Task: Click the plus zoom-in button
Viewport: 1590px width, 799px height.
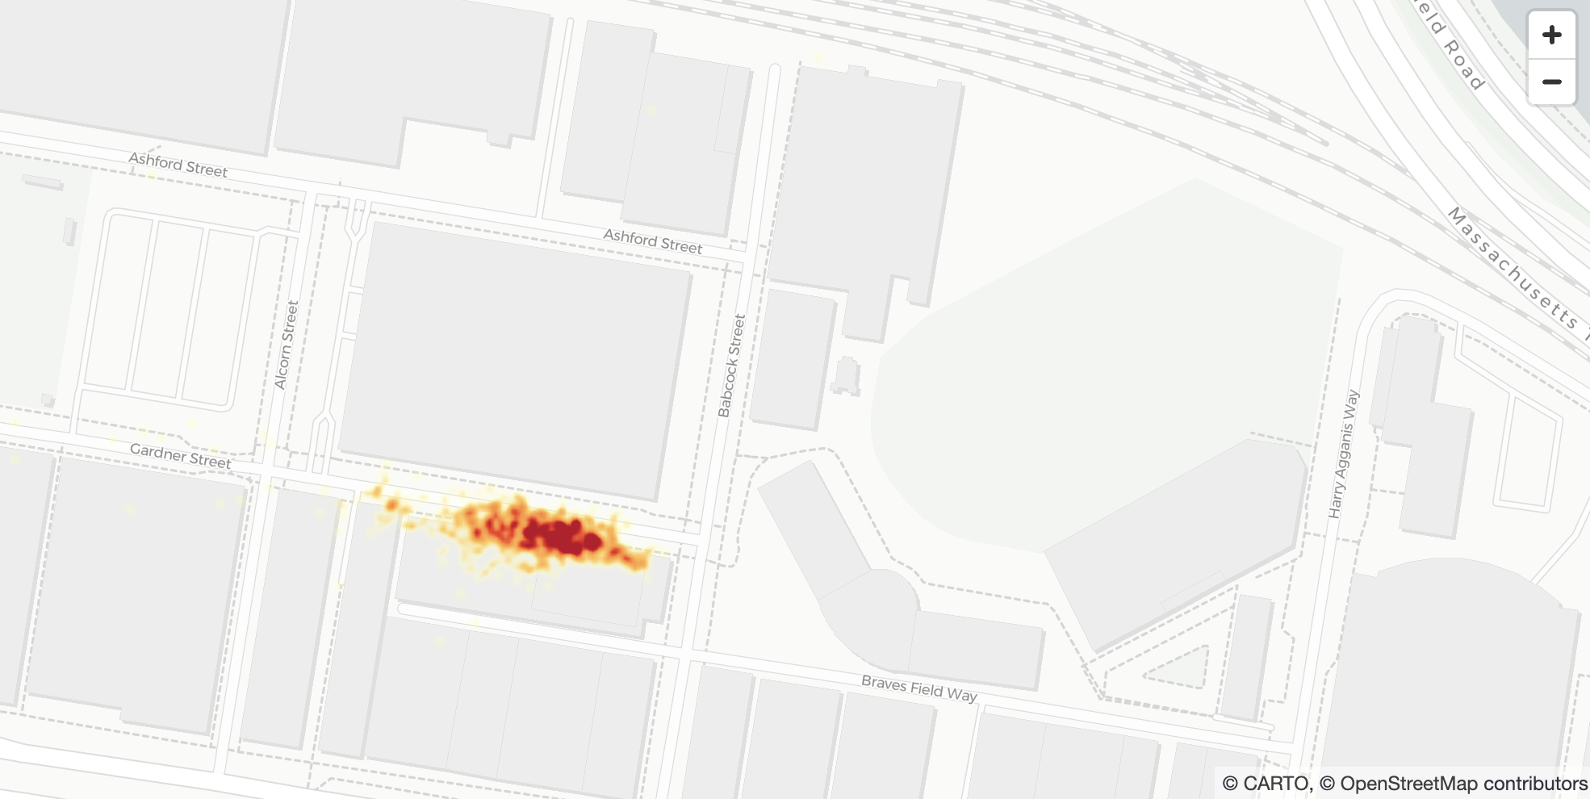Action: click(x=1551, y=35)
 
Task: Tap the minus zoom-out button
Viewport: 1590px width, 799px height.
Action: click(x=1551, y=82)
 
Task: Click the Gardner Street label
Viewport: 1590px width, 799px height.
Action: click(x=181, y=456)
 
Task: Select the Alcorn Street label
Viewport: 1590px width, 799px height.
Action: click(x=287, y=345)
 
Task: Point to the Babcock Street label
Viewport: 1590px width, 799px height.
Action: click(x=731, y=366)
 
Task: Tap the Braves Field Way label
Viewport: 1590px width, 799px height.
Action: click(x=919, y=688)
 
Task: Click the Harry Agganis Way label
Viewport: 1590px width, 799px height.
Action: click(x=1344, y=454)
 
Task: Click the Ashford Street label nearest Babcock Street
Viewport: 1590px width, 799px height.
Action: click(x=653, y=241)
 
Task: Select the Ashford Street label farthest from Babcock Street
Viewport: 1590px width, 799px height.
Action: click(x=178, y=165)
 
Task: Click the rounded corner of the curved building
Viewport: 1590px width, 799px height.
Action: click(x=876, y=601)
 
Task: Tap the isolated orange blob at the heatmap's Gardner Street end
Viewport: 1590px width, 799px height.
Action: click(x=392, y=505)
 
